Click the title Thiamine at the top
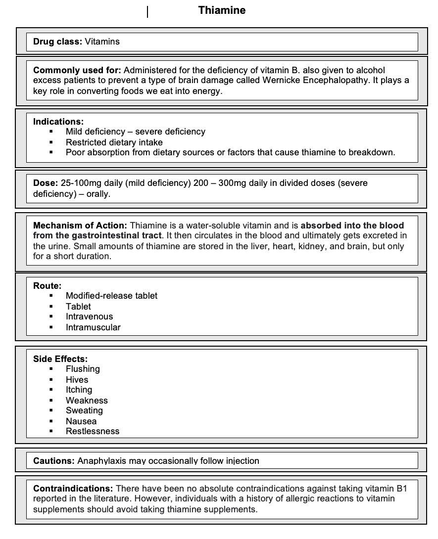222,10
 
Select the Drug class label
57,42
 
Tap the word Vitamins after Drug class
102,42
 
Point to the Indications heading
58,122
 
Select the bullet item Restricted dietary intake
114,142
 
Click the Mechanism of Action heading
80,225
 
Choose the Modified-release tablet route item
111,296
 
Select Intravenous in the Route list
89,316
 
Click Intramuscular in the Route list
93,327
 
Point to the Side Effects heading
60,359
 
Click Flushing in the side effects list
83,369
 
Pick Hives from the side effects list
77,380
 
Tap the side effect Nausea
81,421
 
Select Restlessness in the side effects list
93,431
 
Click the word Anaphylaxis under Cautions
100,461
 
